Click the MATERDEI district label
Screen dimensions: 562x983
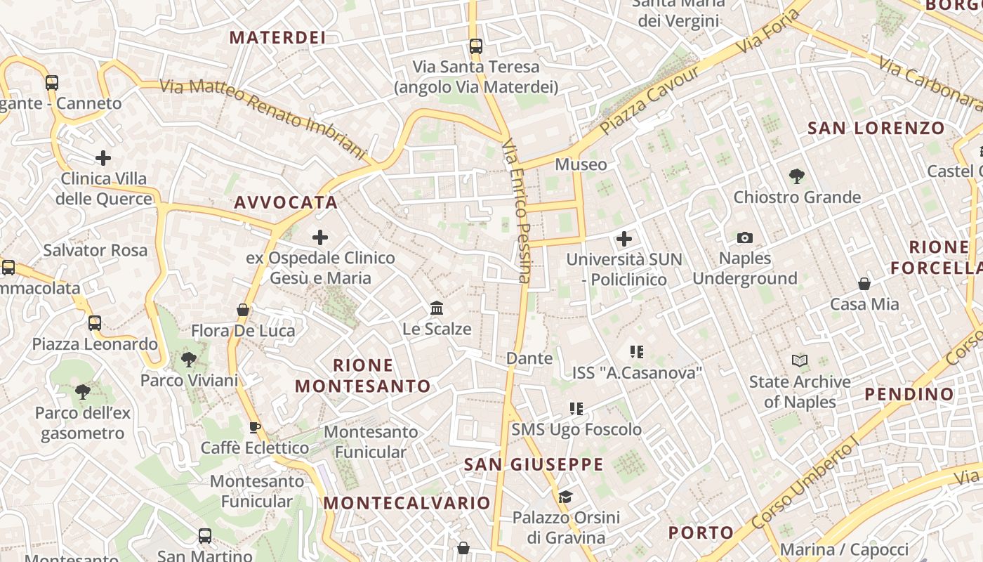tap(278, 37)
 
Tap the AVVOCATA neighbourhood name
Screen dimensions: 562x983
tap(286, 203)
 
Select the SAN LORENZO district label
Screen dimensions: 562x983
tap(876, 129)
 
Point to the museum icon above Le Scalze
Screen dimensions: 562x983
tap(437, 308)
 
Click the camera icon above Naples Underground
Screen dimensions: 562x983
tap(745, 238)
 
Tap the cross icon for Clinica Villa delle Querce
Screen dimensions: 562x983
tap(103, 157)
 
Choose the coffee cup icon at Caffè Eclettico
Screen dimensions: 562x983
tap(255, 427)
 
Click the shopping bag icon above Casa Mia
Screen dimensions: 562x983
tap(864, 284)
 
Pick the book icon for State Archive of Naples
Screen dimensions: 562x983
tap(799, 361)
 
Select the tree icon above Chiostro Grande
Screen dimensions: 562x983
tap(796, 176)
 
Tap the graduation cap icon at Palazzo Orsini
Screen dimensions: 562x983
tap(565, 497)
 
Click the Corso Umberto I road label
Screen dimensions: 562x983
tap(805, 486)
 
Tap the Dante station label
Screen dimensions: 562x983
tap(529, 358)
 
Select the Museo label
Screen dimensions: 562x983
tap(581, 164)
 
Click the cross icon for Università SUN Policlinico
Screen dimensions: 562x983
tap(624, 239)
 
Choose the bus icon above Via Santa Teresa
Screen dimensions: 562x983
tap(476, 46)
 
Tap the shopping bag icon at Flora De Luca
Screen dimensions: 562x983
tap(243, 310)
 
